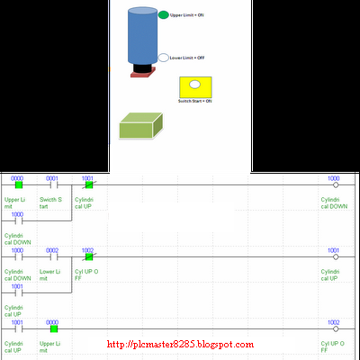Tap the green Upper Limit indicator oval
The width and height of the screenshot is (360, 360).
(163, 15)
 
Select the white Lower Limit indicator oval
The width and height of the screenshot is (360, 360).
(163, 58)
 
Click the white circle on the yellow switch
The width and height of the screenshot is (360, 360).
(193, 86)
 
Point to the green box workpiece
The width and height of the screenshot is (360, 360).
(140, 127)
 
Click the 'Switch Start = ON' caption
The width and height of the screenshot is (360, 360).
(194, 102)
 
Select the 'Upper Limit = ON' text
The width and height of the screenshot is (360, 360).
(187, 15)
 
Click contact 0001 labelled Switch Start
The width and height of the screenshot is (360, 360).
(52, 184)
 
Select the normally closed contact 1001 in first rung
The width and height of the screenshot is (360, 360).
(88, 184)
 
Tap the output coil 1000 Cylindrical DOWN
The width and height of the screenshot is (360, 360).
(334, 184)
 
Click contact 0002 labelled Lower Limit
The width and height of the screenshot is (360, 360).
(52, 256)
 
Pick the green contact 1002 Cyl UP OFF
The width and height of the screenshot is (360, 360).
(88, 256)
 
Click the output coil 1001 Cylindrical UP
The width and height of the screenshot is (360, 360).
(334, 256)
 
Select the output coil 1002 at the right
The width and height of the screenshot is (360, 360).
(334, 328)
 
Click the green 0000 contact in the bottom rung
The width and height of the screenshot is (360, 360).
(53, 328)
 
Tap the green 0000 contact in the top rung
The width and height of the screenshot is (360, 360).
(18, 184)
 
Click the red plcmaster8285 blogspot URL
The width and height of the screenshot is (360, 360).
(180, 345)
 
